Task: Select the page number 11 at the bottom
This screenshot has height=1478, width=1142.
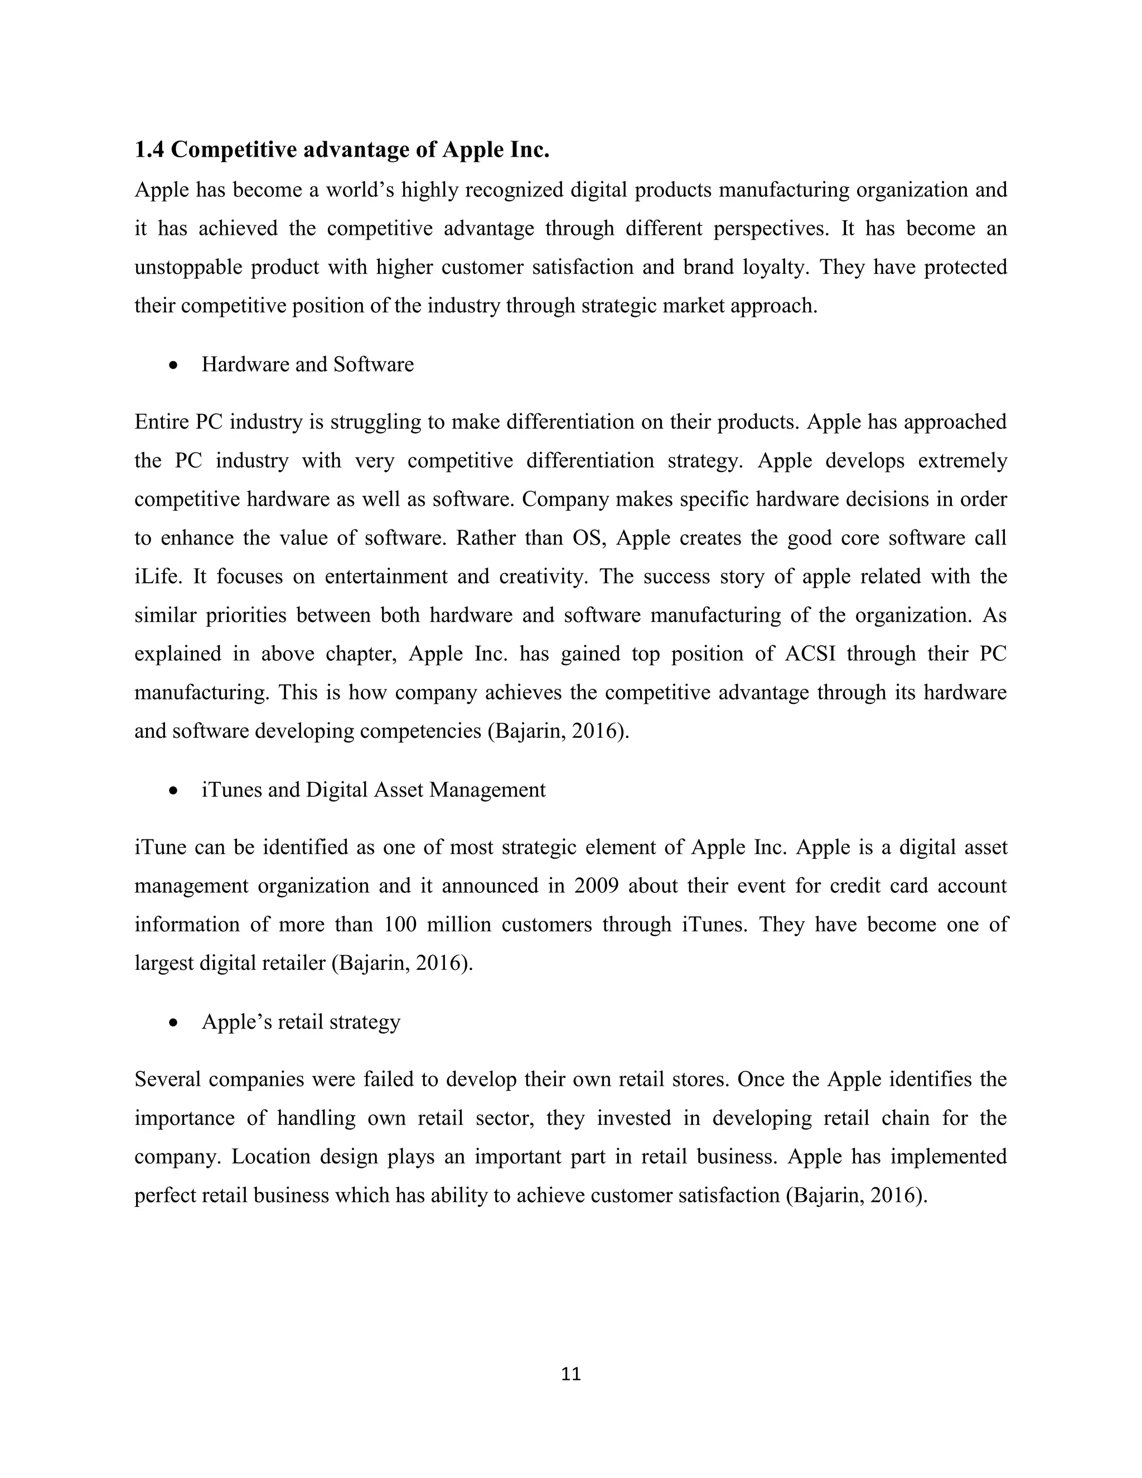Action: [571, 1374]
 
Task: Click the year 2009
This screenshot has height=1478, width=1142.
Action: [596, 886]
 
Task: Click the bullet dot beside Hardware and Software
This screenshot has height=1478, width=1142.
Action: [175, 365]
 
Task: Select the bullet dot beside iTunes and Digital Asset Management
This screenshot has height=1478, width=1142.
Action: [175, 790]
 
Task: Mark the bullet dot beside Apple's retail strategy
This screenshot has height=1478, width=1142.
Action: [175, 1022]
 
